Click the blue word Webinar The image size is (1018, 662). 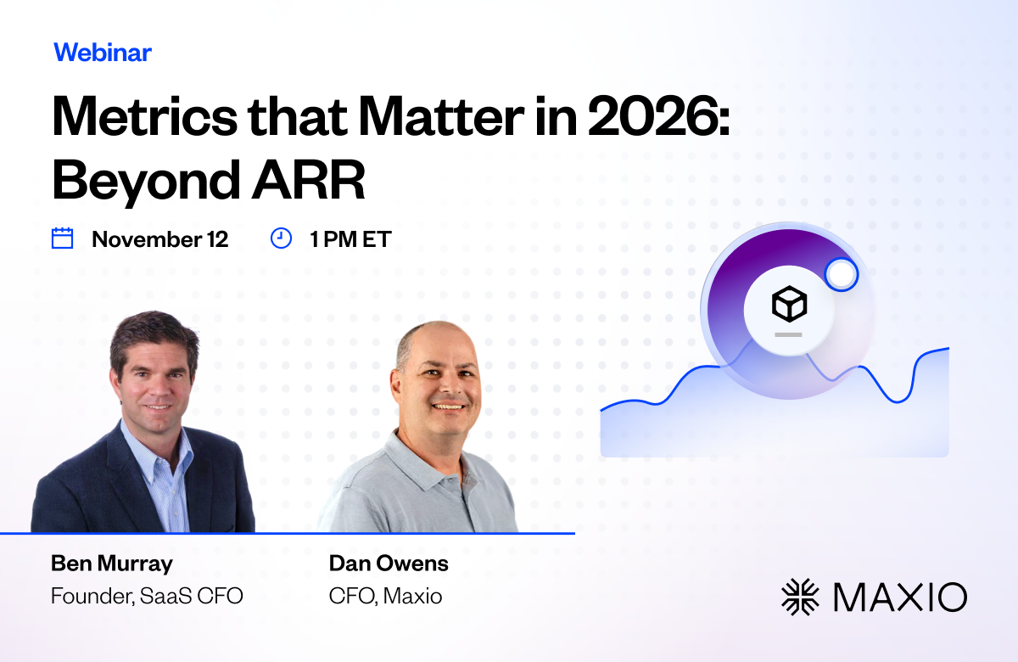103,53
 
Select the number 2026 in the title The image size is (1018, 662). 653,116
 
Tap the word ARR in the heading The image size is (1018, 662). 309,180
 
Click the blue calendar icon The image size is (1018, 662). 62,238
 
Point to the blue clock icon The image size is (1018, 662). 281,238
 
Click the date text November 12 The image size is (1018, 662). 160,239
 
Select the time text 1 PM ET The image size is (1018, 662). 350,239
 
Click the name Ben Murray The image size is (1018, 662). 112,564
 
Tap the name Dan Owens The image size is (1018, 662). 389,564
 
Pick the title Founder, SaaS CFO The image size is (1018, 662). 147,596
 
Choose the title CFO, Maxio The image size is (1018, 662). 385,596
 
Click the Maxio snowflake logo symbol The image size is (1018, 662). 800,597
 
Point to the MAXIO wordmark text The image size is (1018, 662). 901,597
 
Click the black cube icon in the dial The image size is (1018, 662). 790,304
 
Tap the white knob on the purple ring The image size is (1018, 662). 842,274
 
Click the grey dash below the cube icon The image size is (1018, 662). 788,334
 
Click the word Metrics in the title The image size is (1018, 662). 145,116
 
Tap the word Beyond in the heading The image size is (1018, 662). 146,182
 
